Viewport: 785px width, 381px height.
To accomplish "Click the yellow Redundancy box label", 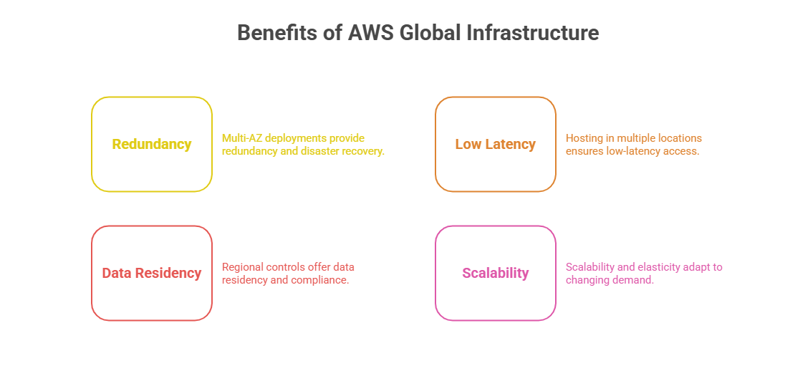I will (x=152, y=144).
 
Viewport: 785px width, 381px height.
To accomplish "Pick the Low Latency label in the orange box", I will (x=496, y=144).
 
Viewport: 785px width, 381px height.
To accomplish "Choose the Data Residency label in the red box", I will (x=152, y=273).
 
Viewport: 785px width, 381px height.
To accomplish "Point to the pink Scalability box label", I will (x=496, y=273).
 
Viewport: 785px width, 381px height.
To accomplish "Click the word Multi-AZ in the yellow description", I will (x=243, y=138).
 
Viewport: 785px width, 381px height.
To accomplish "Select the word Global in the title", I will (x=433, y=33).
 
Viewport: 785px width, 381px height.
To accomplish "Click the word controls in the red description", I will (x=286, y=267).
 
